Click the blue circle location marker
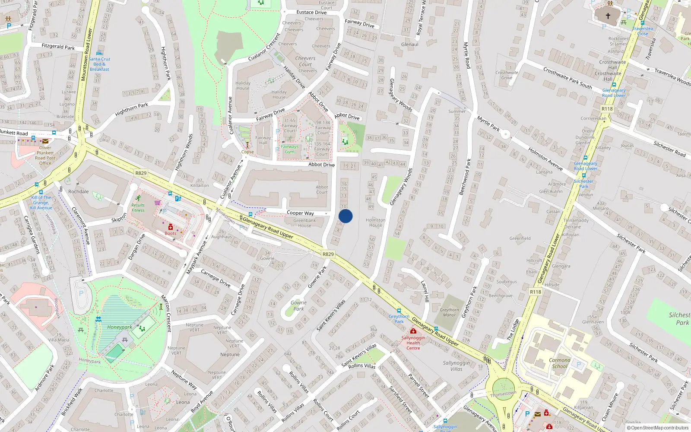pos(345,216)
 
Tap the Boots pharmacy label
pos(171,233)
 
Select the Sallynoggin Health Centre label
pos(413,343)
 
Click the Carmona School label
pos(560,363)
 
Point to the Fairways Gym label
pos(290,149)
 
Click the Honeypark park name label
pos(120,327)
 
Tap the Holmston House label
pos(376,222)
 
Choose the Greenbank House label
pos(304,223)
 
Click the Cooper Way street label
pos(301,213)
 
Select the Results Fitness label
pos(138,208)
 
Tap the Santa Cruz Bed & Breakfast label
pos(100,64)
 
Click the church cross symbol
pos(608,16)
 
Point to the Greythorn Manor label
pos(450,312)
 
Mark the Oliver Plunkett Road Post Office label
pos(45,156)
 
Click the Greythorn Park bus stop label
pos(399,319)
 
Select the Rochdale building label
pos(79,191)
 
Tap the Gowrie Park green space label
pos(298,305)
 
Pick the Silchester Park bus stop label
pos(584,184)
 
